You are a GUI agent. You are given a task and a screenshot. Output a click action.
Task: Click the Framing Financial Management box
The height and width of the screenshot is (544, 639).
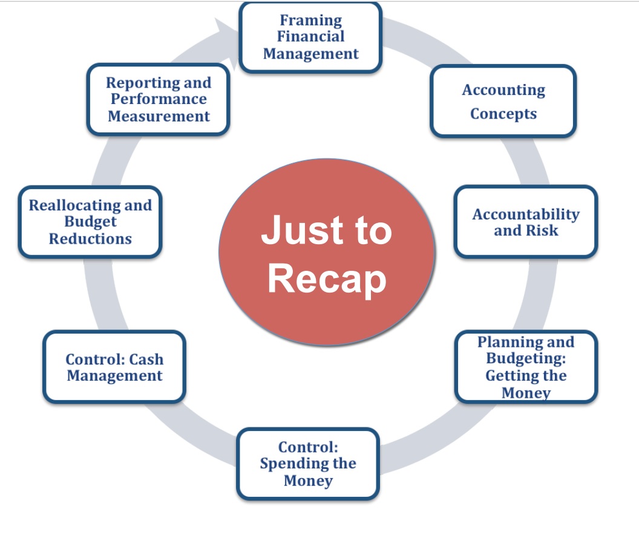click(x=310, y=37)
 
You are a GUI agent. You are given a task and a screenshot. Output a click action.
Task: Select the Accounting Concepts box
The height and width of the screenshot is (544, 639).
click(x=503, y=101)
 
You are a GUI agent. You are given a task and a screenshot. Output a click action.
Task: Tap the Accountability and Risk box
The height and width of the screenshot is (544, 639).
click(x=526, y=222)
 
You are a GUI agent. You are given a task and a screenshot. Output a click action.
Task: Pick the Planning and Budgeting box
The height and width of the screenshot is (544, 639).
click(x=526, y=366)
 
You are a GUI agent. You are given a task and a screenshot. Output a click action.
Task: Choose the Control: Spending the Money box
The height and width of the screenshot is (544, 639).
click(x=308, y=464)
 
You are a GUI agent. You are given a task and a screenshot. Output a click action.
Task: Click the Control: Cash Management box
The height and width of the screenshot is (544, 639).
click(x=114, y=366)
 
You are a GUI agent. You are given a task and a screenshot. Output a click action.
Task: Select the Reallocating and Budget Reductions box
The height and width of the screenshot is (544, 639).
click(x=90, y=222)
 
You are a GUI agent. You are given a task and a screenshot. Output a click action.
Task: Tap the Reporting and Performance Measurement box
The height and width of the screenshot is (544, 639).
click(x=159, y=99)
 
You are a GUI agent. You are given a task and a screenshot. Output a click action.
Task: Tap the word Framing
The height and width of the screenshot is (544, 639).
click(x=311, y=21)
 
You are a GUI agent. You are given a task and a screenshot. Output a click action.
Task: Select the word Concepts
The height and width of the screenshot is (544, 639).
click(x=503, y=114)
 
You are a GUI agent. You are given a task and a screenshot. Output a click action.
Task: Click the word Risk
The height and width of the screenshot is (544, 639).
click(x=542, y=230)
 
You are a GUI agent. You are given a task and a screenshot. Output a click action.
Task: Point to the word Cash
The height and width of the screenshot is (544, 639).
click(x=146, y=359)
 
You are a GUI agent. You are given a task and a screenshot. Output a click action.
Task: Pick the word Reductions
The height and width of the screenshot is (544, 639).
click(x=91, y=239)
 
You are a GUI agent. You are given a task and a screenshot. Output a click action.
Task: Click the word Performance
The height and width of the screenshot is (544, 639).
click(x=159, y=99)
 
